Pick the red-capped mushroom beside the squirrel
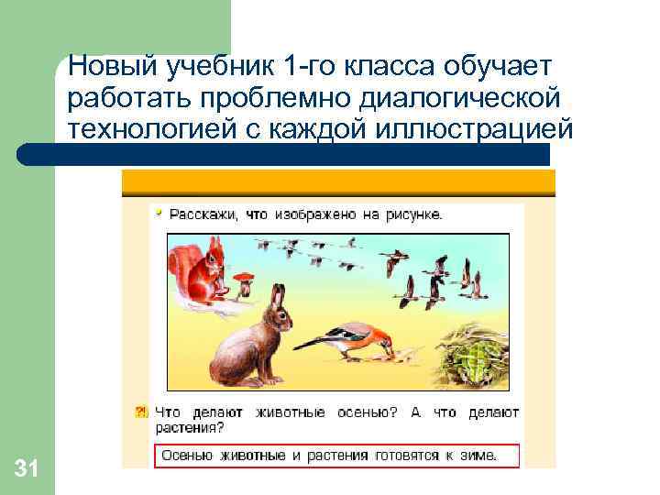pyautogui.click(x=243, y=279)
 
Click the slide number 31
pyautogui.click(x=27, y=470)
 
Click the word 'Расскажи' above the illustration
pyautogui.click(x=201, y=214)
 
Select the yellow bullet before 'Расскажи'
pyautogui.click(x=159, y=213)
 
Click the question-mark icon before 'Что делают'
pyautogui.click(x=141, y=412)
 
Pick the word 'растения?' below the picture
pyautogui.click(x=189, y=427)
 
